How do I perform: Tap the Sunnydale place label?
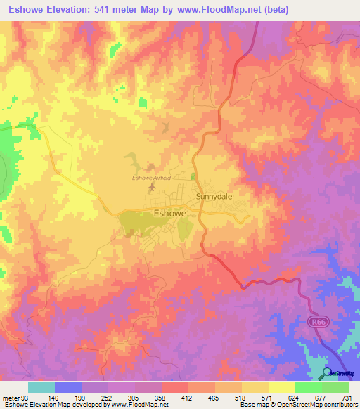coord(214,197)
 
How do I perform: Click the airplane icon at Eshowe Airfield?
coord(151,188)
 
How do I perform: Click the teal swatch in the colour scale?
coord(41,388)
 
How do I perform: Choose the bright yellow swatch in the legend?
coord(282,388)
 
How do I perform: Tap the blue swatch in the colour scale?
coord(68,388)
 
